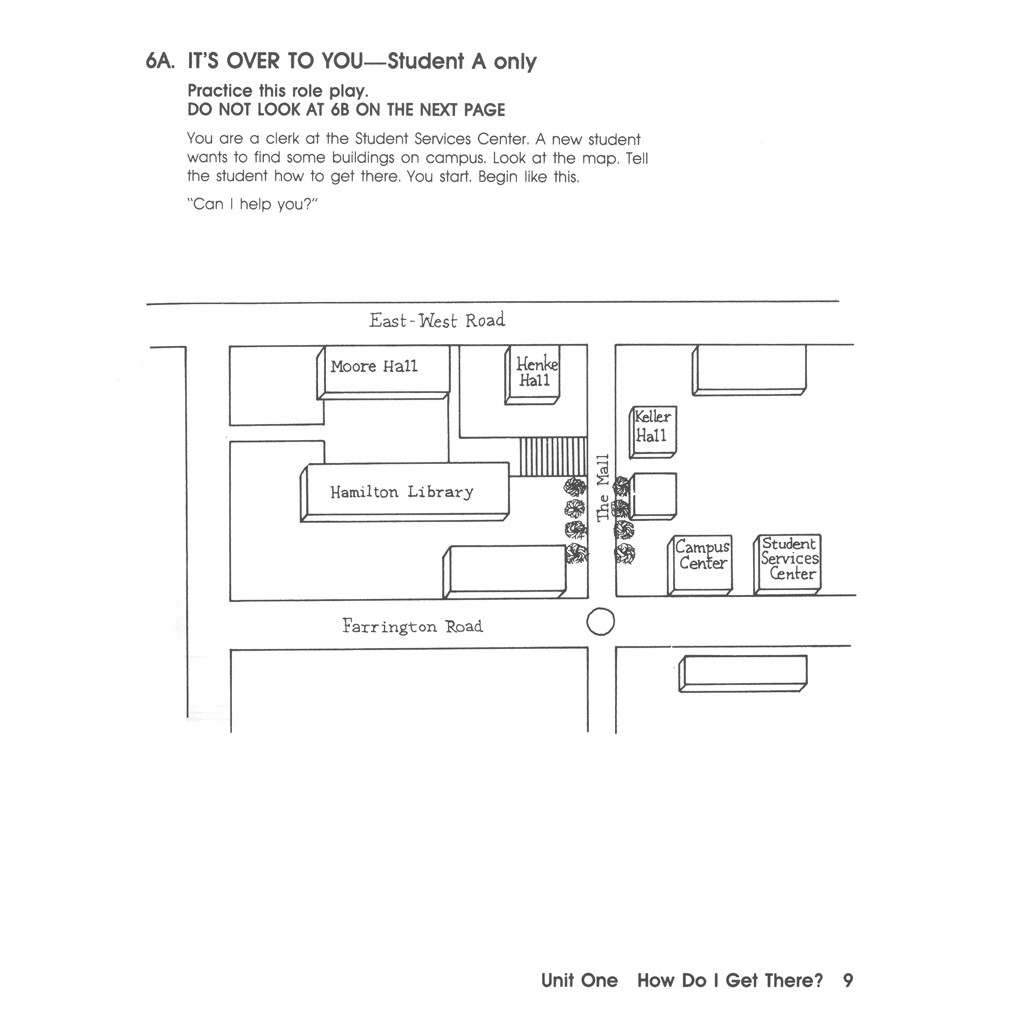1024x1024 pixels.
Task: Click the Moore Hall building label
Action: point(374,367)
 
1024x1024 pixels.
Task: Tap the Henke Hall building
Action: point(534,373)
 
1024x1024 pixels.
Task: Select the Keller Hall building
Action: point(652,427)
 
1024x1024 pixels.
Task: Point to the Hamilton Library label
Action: point(402,492)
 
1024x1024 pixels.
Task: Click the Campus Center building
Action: point(702,556)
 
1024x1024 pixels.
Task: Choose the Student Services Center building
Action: point(789,559)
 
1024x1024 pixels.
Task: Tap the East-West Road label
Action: point(437,321)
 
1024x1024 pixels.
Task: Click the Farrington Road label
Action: point(412,627)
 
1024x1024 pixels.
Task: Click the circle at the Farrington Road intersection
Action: point(600,622)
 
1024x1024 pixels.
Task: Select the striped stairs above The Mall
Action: point(552,457)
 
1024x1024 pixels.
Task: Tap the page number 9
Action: point(848,981)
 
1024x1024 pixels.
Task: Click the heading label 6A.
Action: point(160,62)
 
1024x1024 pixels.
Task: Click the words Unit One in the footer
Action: point(579,981)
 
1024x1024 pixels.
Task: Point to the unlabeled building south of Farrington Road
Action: point(743,672)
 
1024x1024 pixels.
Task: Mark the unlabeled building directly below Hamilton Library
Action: point(505,572)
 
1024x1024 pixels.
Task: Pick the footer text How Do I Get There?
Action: point(730,981)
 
